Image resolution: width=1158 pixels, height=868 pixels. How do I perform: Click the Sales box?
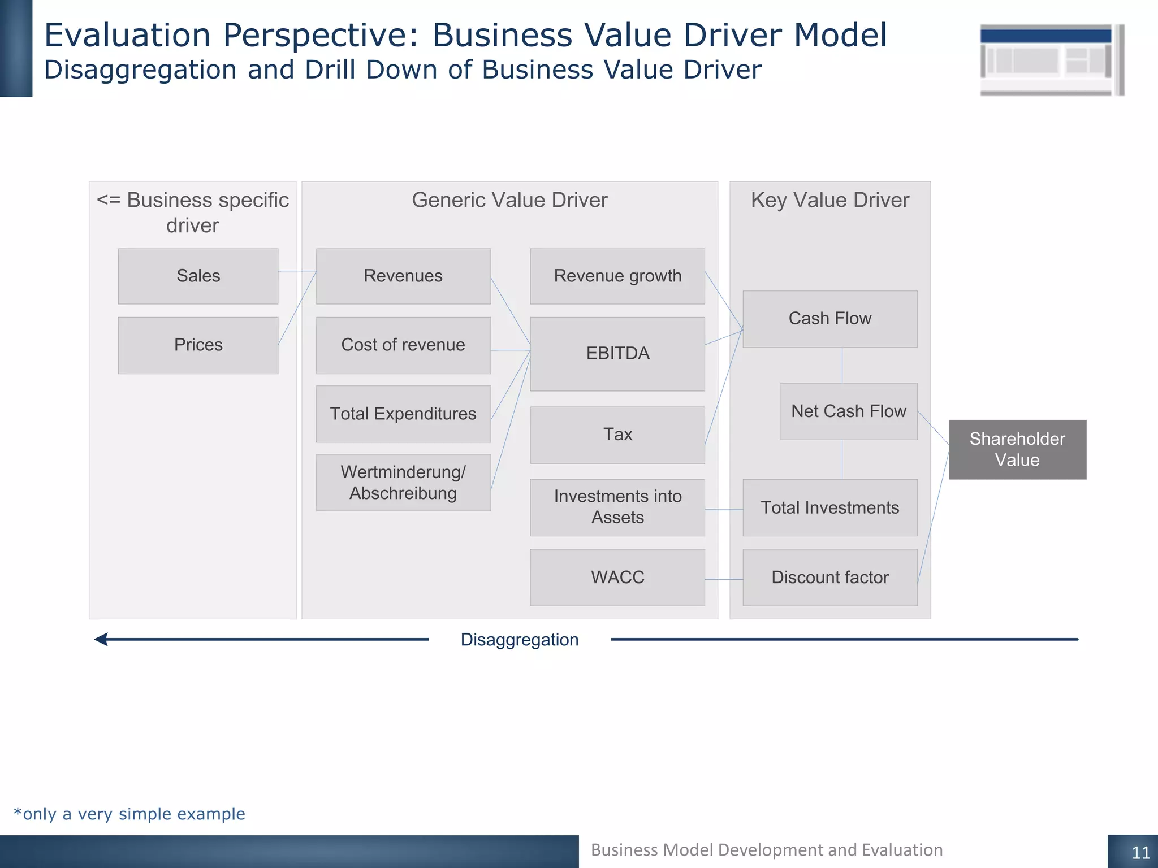click(x=198, y=276)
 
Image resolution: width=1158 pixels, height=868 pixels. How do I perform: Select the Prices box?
click(x=198, y=345)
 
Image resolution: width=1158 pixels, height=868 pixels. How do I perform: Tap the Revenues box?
click(x=403, y=276)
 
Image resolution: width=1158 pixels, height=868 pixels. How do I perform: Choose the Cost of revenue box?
click(x=403, y=345)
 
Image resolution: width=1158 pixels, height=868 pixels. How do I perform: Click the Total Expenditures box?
click(x=403, y=414)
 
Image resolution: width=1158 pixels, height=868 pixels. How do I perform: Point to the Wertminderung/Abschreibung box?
click(x=403, y=483)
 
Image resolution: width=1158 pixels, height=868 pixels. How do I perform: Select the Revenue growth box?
click(x=617, y=276)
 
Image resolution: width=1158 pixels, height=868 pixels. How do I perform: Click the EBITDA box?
click(x=617, y=354)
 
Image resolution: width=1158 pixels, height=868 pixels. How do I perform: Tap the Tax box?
click(x=617, y=435)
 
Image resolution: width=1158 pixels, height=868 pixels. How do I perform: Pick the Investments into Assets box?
click(x=617, y=507)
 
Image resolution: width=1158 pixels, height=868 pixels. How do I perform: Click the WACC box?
click(x=617, y=577)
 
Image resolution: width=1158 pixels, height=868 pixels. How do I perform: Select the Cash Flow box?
click(x=830, y=319)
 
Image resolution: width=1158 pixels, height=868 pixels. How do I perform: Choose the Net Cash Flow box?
click(x=848, y=411)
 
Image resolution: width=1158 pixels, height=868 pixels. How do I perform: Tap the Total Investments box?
click(x=830, y=507)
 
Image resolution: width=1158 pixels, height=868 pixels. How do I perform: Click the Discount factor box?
click(x=830, y=577)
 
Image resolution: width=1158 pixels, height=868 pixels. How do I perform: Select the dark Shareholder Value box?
click(x=1017, y=449)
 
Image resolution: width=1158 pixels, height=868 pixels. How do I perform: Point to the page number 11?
click(x=1140, y=852)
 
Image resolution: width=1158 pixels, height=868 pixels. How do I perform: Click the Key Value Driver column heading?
click(x=829, y=200)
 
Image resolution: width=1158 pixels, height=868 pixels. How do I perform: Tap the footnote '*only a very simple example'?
click(x=129, y=814)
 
